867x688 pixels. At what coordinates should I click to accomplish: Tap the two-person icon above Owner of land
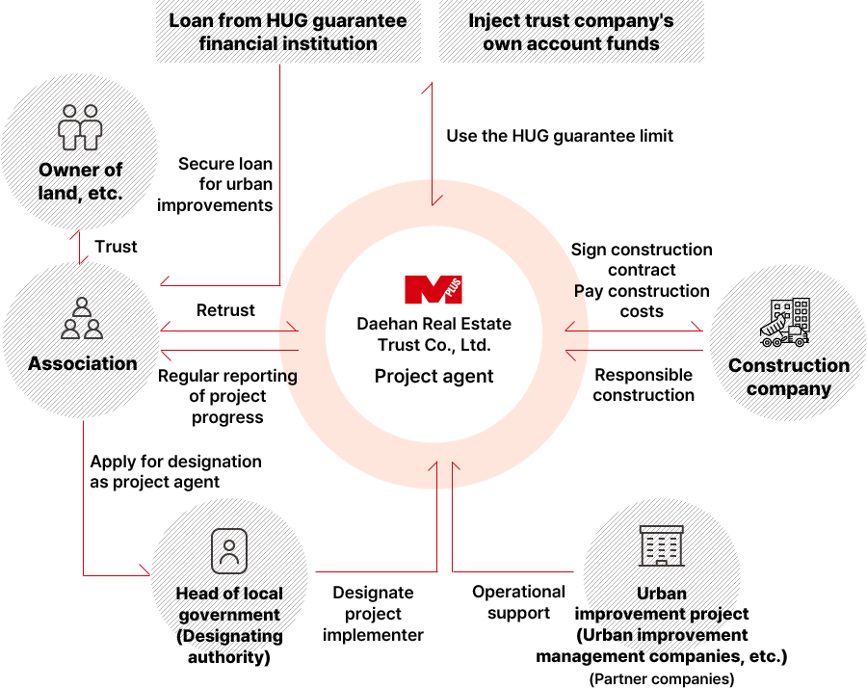click(x=81, y=127)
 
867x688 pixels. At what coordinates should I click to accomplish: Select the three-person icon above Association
click(x=82, y=319)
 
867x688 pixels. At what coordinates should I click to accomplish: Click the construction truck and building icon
click(x=785, y=322)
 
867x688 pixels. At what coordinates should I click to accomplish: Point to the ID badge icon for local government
click(x=229, y=551)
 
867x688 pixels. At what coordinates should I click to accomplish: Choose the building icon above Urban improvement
click(x=661, y=546)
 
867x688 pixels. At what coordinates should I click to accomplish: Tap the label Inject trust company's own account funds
click(x=571, y=32)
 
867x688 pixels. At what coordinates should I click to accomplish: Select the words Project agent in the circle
click(x=433, y=376)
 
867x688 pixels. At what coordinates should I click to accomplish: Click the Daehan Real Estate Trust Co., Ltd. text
click(x=433, y=334)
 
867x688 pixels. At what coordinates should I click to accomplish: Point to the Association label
click(x=82, y=363)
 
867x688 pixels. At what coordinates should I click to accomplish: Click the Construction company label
click(x=788, y=377)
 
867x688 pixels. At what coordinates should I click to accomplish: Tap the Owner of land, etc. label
click(x=81, y=181)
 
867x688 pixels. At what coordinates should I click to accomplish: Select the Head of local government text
click(x=229, y=604)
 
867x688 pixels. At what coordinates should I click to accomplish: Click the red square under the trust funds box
click(x=426, y=89)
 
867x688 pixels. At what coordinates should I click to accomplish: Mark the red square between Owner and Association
click(x=74, y=236)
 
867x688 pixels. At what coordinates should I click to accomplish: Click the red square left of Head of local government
click(x=144, y=569)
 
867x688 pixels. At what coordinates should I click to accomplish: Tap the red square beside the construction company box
click(x=696, y=327)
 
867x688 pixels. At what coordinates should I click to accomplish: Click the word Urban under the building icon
click(x=661, y=594)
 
